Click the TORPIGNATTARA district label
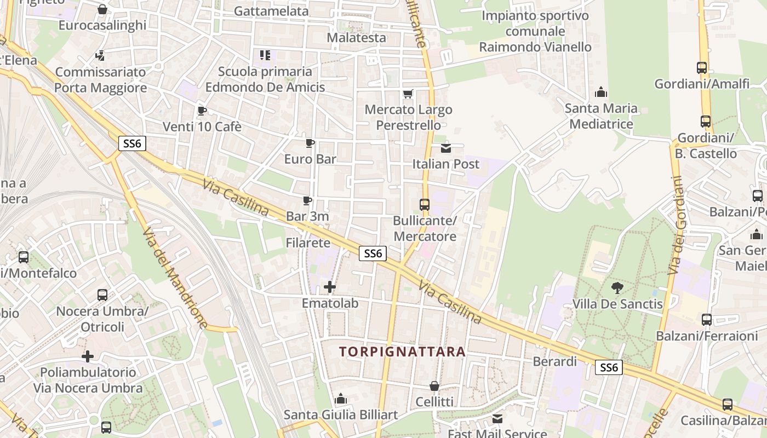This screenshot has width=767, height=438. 402,351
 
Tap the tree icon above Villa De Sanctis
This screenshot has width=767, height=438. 617,287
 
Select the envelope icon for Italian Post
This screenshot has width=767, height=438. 446,148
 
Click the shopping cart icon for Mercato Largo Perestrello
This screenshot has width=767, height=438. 408,94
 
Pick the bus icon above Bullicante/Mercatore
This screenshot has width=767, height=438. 425,205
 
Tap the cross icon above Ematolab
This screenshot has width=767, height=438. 330,287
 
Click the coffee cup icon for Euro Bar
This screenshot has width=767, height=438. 310,143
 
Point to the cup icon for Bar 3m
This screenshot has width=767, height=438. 307,201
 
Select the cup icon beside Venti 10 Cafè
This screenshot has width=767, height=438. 202,111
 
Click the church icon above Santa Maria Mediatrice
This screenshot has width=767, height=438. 601,91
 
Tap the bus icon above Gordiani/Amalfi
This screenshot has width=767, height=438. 702,68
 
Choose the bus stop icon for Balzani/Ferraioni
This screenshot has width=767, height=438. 707,320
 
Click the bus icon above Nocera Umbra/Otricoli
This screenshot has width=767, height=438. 102,295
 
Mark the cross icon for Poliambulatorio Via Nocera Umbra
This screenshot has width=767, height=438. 88,356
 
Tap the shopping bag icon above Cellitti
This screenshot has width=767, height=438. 434,386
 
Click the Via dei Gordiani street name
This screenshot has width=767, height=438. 677,226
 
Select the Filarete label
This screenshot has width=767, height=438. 308,243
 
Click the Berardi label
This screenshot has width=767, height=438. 555,361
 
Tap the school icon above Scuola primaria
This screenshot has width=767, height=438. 265,55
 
